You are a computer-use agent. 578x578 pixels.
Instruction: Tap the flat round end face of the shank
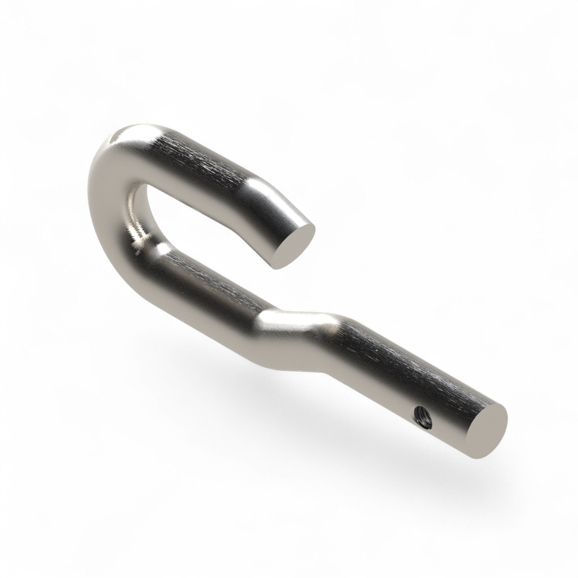pyautogui.click(x=487, y=426)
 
